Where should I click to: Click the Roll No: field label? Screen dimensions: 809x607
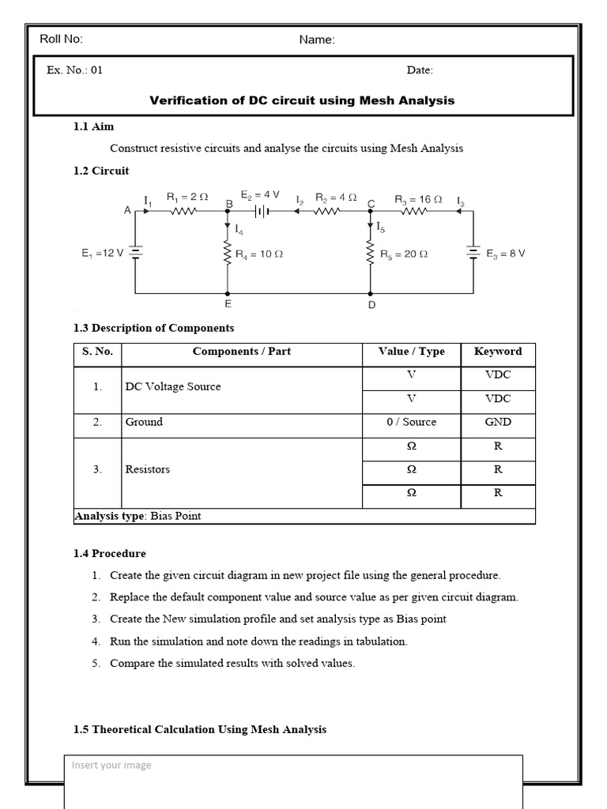point(61,40)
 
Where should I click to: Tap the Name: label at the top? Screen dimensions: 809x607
point(317,40)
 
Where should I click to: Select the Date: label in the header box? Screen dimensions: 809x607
point(420,70)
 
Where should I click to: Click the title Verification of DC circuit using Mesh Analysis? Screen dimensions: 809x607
point(302,100)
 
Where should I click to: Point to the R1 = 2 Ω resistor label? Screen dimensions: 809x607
point(187,198)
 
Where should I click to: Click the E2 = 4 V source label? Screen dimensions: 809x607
point(260,194)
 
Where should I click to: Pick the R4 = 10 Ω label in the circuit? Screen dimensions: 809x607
point(259,254)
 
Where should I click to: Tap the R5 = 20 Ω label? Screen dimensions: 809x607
point(404,254)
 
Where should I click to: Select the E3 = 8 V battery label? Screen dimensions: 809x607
point(506,254)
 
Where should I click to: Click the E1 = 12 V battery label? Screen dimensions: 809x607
point(102,254)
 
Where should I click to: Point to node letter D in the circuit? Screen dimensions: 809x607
point(371,305)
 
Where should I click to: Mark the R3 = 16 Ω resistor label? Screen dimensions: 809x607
point(419,200)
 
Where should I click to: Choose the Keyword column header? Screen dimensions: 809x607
point(498,352)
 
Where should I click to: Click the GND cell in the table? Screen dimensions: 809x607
point(498,422)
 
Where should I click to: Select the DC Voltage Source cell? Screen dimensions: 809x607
point(173,386)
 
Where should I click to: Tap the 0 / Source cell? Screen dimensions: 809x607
point(411,422)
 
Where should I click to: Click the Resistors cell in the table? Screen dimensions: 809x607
point(148,469)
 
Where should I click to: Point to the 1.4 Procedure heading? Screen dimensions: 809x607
point(110,553)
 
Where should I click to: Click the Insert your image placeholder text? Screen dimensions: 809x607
point(111,765)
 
